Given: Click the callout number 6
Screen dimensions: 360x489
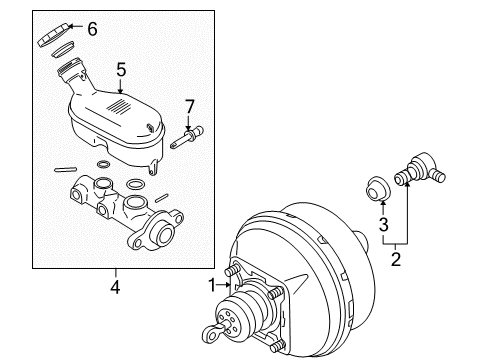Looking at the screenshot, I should tap(92, 29).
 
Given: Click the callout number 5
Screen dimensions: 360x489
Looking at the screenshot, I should tap(120, 70).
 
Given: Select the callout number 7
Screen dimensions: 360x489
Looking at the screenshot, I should tap(188, 105).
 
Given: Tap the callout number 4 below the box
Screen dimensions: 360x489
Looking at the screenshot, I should tap(115, 288).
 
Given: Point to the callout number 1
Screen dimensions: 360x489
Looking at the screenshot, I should tap(212, 285).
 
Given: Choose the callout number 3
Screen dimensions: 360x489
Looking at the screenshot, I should tap(381, 225).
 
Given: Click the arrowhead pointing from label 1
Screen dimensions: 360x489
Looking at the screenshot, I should tap(229, 285).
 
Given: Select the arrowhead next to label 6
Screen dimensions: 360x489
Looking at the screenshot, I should tap(73, 30).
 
